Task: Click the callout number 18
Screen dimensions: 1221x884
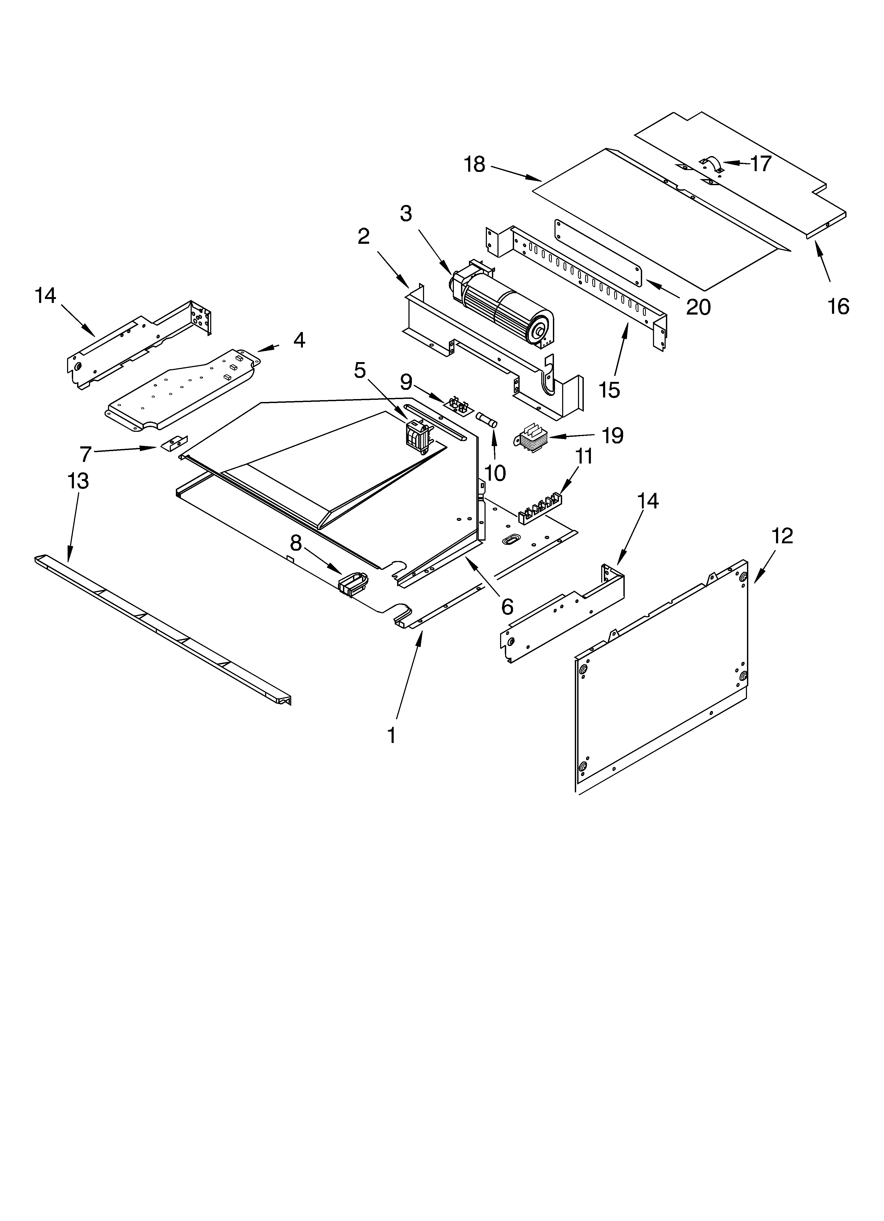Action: pos(474,164)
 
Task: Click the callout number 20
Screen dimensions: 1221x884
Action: pos(698,307)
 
